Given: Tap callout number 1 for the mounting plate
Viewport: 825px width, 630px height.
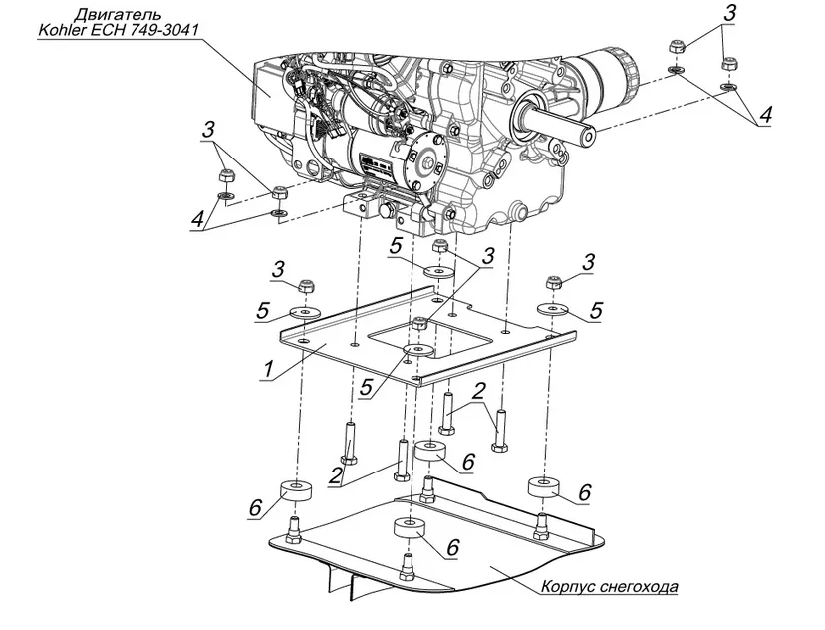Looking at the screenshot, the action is coord(269,369).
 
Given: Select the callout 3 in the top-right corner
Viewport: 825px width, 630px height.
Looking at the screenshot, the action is coord(729,14).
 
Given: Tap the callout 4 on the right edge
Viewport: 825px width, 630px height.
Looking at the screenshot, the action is coord(765,115).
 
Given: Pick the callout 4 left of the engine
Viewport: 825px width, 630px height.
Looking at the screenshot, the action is coord(197,219).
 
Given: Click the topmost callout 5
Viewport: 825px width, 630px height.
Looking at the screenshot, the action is coord(396,246).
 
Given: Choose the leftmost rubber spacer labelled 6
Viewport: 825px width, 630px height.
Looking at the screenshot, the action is coord(296,490).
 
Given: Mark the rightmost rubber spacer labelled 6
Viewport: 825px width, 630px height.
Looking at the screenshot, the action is coord(543,485).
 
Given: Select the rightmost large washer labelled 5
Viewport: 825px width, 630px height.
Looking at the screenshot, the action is coord(552,308).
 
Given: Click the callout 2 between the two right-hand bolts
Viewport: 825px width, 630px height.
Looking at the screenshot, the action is coord(478,392).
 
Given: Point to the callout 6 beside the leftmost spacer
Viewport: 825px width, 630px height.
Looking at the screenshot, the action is coord(255,508).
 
